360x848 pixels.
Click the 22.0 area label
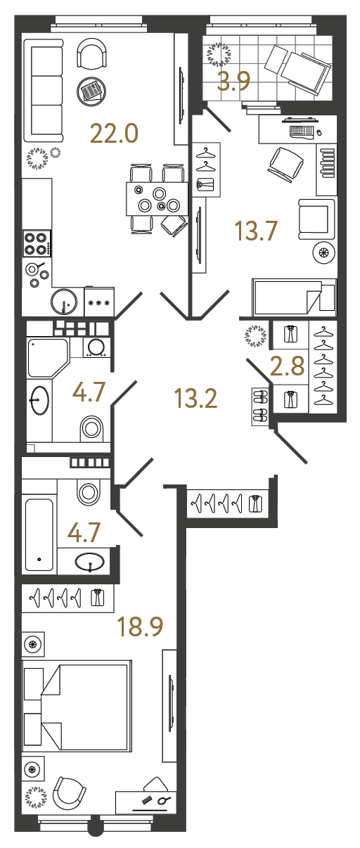[x=115, y=133]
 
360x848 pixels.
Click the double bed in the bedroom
[x=77, y=705]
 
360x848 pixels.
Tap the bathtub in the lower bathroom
[x=39, y=534]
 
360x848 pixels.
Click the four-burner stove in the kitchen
[x=36, y=243]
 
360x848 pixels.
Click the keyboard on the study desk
[x=302, y=131]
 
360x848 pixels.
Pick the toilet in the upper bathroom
[x=91, y=426]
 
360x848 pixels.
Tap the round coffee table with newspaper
[x=91, y=90]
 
